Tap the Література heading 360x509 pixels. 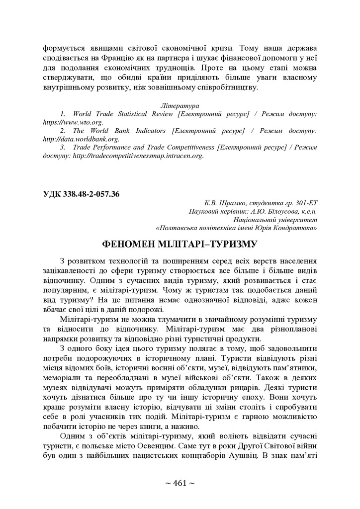[x=180, y=106]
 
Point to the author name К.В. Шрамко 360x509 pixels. [x=222, y=203]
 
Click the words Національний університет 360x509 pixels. [x=275, y=219]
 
